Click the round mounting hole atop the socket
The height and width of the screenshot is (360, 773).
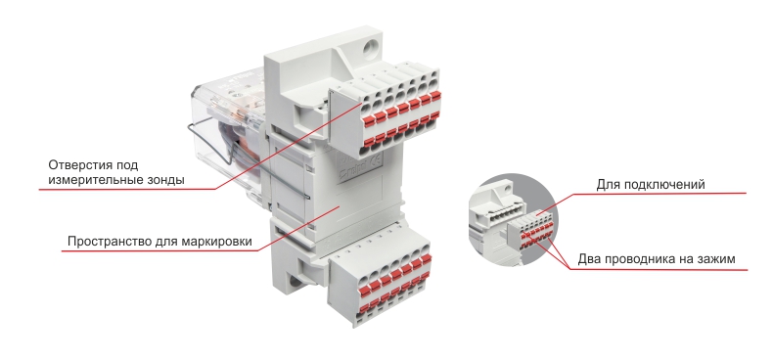coord(369,48)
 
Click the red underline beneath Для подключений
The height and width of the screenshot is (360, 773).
coord(660,194)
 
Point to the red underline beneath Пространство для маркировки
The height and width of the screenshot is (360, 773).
coord(160,251)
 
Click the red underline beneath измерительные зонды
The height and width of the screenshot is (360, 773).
coord(127,190)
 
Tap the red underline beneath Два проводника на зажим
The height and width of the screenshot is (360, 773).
coord(659,270)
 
